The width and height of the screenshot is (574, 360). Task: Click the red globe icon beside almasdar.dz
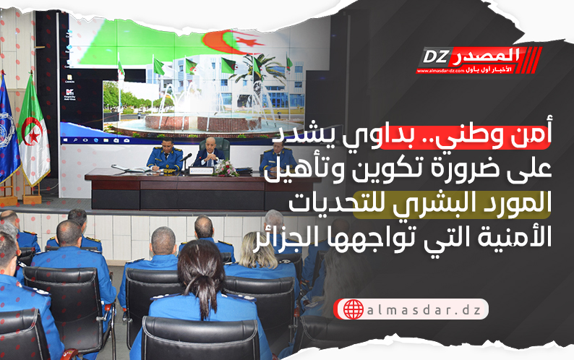pos(353,309)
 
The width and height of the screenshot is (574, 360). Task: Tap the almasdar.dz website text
pos(424,310)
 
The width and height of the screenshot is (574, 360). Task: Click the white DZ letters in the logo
pos(436,57)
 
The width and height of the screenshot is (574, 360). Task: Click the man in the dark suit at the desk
pos(210,154)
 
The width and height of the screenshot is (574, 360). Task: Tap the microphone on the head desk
pos(186,158)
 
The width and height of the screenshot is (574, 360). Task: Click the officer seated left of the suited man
pos(166,155)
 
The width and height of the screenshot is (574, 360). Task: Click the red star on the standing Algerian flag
pos(34,137)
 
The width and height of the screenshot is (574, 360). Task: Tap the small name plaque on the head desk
pos(201,171)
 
